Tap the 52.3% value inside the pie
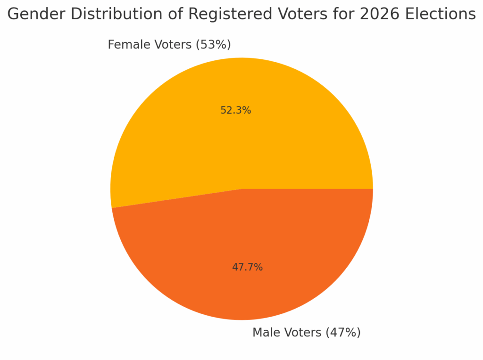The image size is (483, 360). tap(235, 111)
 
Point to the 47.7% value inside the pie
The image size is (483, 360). tap(247, 267)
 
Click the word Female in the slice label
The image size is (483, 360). tap(125, 45)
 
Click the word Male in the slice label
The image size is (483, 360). tap(266, 333)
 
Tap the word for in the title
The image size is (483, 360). tap(343, 15)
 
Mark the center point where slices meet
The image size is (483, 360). tap(241, 189)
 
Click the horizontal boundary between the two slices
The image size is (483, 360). tap(307, 189)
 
